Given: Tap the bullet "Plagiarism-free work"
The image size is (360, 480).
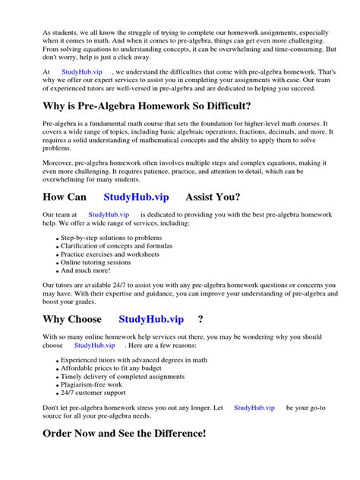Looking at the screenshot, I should click(x=93, y=385).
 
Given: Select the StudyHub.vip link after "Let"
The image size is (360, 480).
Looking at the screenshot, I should click(x=254, y=408).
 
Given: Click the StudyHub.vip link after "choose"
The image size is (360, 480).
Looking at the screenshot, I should click(x=93, y=345).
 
